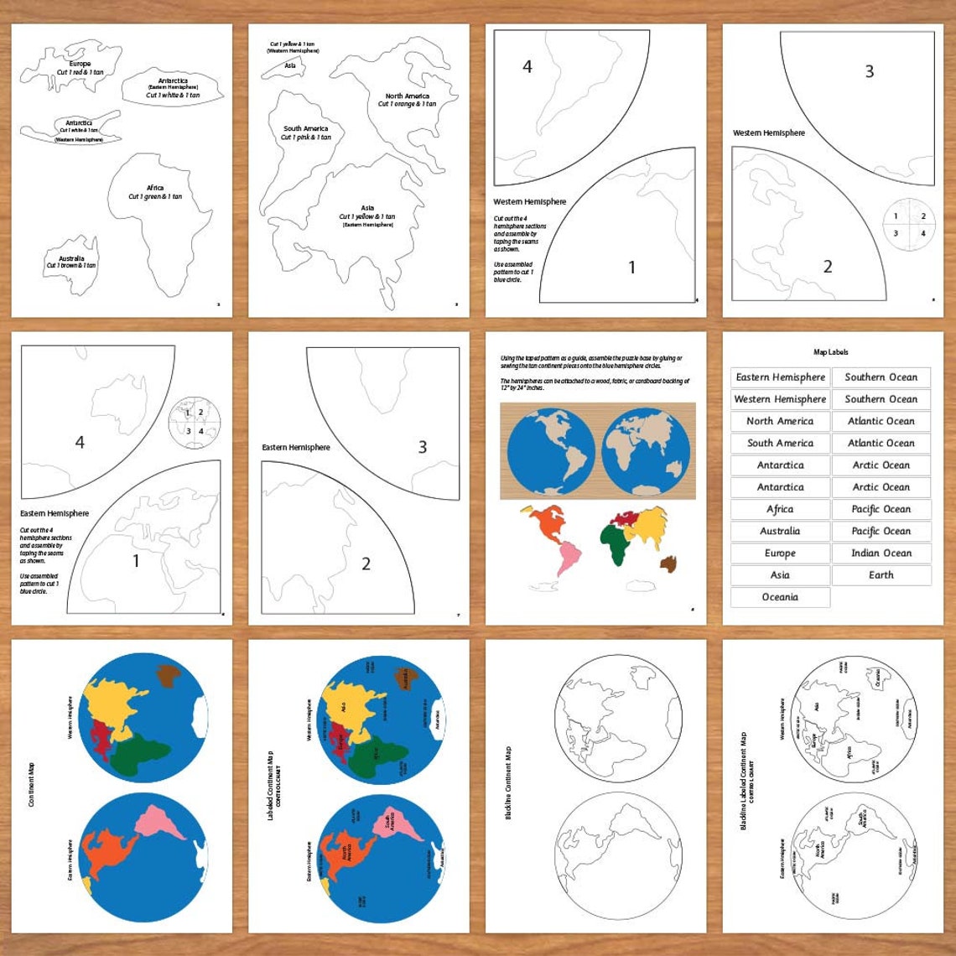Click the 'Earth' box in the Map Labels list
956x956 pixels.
pos(881,575)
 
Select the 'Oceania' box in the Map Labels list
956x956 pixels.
pos(780,597)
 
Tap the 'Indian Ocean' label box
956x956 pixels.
pos(881,553)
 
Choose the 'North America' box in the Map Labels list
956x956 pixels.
pos(780,421)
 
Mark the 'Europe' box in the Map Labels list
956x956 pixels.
pos(780,553)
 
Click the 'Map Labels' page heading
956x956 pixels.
pos(830,352)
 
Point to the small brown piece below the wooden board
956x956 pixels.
pos(668,564)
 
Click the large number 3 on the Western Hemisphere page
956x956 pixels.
pos(869,72)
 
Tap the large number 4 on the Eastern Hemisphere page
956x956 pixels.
pos(80,442)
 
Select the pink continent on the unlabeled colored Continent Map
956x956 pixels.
pos(159,823)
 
